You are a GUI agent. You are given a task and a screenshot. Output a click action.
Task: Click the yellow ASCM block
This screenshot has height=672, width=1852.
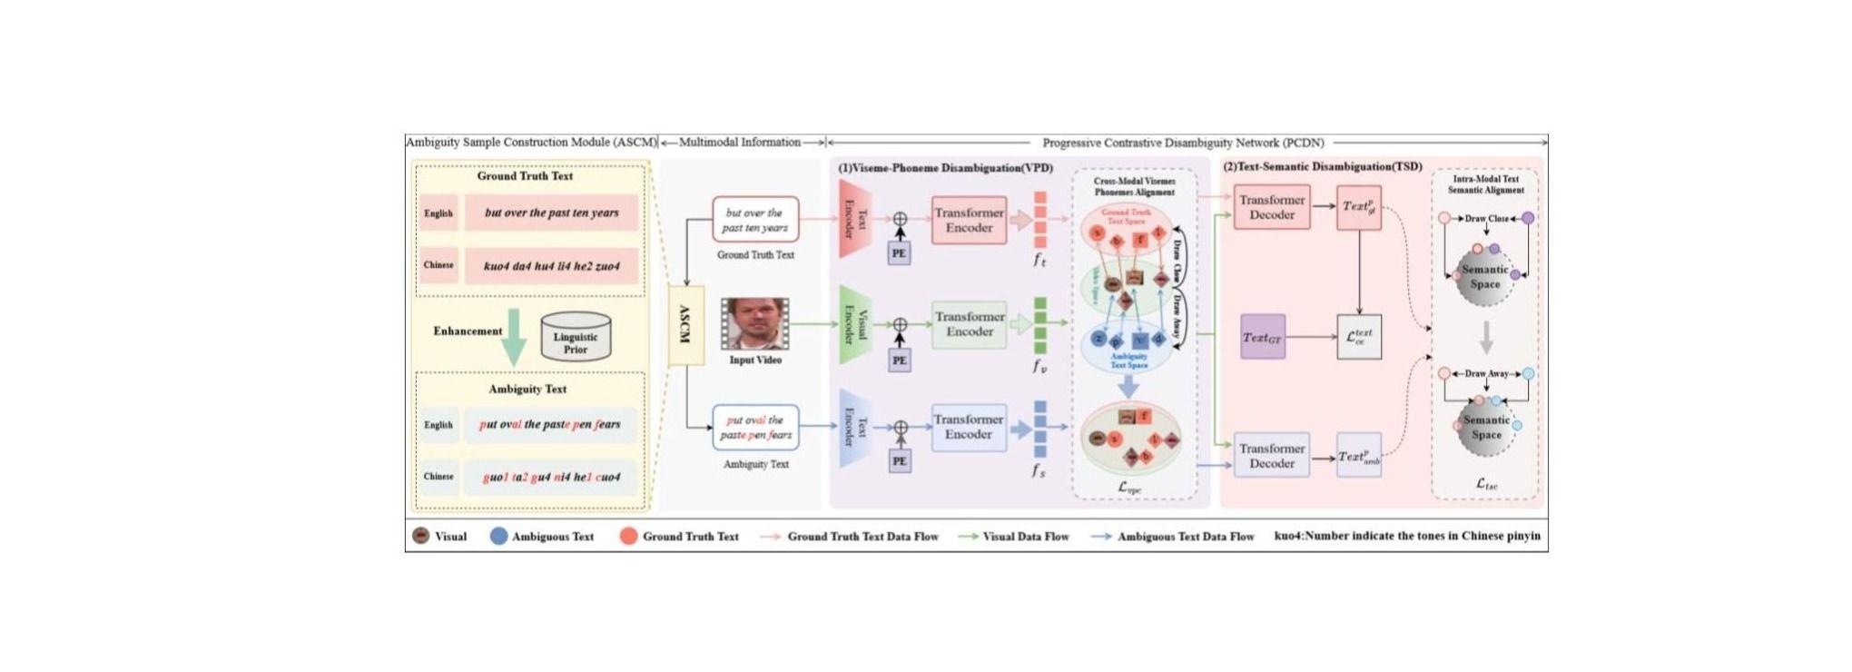click(x=685, y=325)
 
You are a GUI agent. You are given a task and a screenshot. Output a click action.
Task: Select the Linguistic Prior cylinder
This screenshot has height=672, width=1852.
click(x=575, y=338)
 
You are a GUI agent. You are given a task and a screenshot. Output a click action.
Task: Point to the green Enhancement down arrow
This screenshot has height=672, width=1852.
click(x=514, y=337)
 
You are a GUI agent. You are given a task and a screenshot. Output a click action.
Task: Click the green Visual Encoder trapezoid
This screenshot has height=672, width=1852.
click(x=854, y=324)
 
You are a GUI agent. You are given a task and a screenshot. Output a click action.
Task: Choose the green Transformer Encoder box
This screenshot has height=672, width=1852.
click(x=970, y=324)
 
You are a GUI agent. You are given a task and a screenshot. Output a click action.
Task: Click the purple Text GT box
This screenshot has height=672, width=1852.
click(x=1262, y=337)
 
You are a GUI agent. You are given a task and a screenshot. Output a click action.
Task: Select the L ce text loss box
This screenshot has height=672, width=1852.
click(x=1359, y=337)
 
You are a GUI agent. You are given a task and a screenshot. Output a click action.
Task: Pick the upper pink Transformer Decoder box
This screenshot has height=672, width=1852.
click(x=1272, y=208)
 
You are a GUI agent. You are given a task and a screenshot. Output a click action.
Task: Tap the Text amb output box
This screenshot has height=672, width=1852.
click(x=1359, y=456)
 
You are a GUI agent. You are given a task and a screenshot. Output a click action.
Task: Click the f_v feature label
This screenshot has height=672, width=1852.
click(x=1039, y=366)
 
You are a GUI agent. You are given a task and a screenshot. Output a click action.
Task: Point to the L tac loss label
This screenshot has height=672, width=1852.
click(x=1486, y=484)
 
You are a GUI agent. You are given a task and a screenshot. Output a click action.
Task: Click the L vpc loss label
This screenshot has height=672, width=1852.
click(x=1129, y=488)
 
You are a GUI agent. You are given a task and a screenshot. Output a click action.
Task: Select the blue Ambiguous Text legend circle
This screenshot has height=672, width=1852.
click(x=498, y=537)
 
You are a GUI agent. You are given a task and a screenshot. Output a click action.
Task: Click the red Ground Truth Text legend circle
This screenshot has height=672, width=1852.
click(x=628, y=537)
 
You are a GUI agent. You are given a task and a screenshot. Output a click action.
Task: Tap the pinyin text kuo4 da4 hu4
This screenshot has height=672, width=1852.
click(x=551, y=266)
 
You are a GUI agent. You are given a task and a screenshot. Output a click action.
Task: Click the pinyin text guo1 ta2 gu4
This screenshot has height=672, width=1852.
click(x=551, y=477)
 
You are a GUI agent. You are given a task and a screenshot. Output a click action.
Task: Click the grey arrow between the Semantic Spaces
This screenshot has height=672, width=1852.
click(x=1486, y=337)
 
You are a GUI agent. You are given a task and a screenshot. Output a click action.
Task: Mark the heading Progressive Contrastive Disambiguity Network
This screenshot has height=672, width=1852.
click(x=1183, y=143)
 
